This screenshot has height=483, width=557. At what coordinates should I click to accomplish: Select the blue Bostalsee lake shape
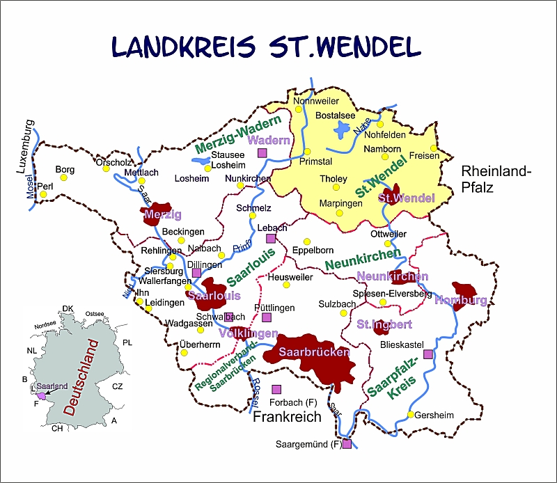pyautogui.click(x=343, y=129)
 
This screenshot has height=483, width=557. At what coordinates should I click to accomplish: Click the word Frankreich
pyautogui.click(x=287, y=417)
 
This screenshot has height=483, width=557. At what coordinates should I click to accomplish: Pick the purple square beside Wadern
pyautogui.click(x=262, y=153)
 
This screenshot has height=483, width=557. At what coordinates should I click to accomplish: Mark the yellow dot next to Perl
pyautogui.click(x=43, y=194)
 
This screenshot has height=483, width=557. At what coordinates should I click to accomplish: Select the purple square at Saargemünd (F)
pyautogui.click(x=347, y=444)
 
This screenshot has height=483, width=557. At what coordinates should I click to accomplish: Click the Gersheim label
pyautogui.click(x=434, y=415)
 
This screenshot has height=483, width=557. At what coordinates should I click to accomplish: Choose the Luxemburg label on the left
pyautogui.click(x=25, y=148)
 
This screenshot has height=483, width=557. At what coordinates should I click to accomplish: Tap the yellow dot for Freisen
pyautogui.click(x=433, y=148)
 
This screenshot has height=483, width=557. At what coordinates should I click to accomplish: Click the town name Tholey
pyautogui.click(x=333, y=179)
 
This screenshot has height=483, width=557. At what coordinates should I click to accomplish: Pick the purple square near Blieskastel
pyautogui.click(x=427, y=354)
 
